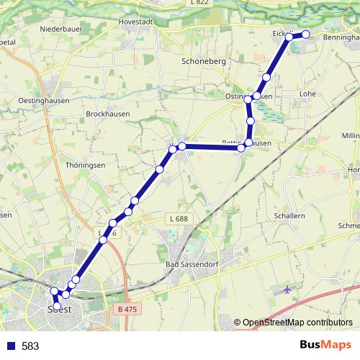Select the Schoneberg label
204,62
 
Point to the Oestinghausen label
45,100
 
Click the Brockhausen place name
109,114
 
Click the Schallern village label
290,215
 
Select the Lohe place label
307,94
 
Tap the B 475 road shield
125,309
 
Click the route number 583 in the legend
30,346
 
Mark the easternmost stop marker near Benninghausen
305,35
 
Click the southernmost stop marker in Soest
57,307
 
